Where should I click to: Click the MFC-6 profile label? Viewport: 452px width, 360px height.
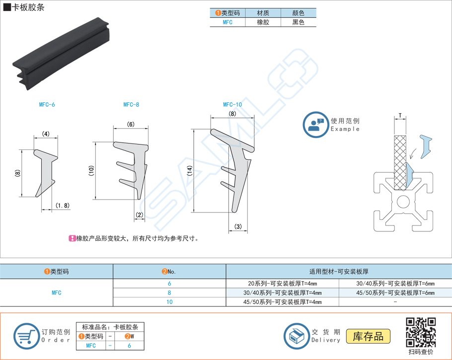[47, 105]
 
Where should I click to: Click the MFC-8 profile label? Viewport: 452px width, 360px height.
[131, 105]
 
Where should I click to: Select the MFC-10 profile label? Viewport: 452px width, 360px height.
[232, 105]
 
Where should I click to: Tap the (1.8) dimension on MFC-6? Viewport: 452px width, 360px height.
[63, 206]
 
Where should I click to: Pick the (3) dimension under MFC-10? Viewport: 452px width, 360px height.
[238, 227]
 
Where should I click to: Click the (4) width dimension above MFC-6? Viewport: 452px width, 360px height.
[46, 134]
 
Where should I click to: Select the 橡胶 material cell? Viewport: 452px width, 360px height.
[263, 22]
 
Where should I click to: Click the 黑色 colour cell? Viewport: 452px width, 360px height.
[299, 22]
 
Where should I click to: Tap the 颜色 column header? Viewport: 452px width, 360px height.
[299, 13]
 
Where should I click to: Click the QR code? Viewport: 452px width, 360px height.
[421, 332]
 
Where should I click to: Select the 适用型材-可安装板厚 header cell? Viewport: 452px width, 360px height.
[339, 272]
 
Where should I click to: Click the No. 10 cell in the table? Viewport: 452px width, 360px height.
[169, 302]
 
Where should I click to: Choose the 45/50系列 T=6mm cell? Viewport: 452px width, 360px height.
[395, 293]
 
